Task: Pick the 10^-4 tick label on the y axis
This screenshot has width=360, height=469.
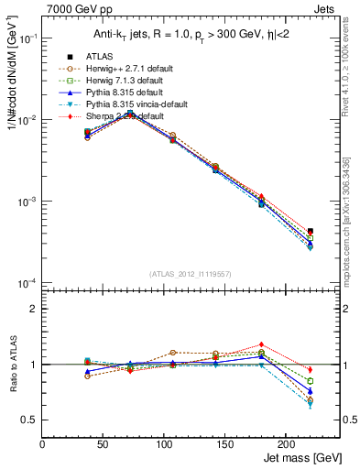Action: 27,282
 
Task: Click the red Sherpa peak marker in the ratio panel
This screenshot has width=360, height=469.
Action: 261,344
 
